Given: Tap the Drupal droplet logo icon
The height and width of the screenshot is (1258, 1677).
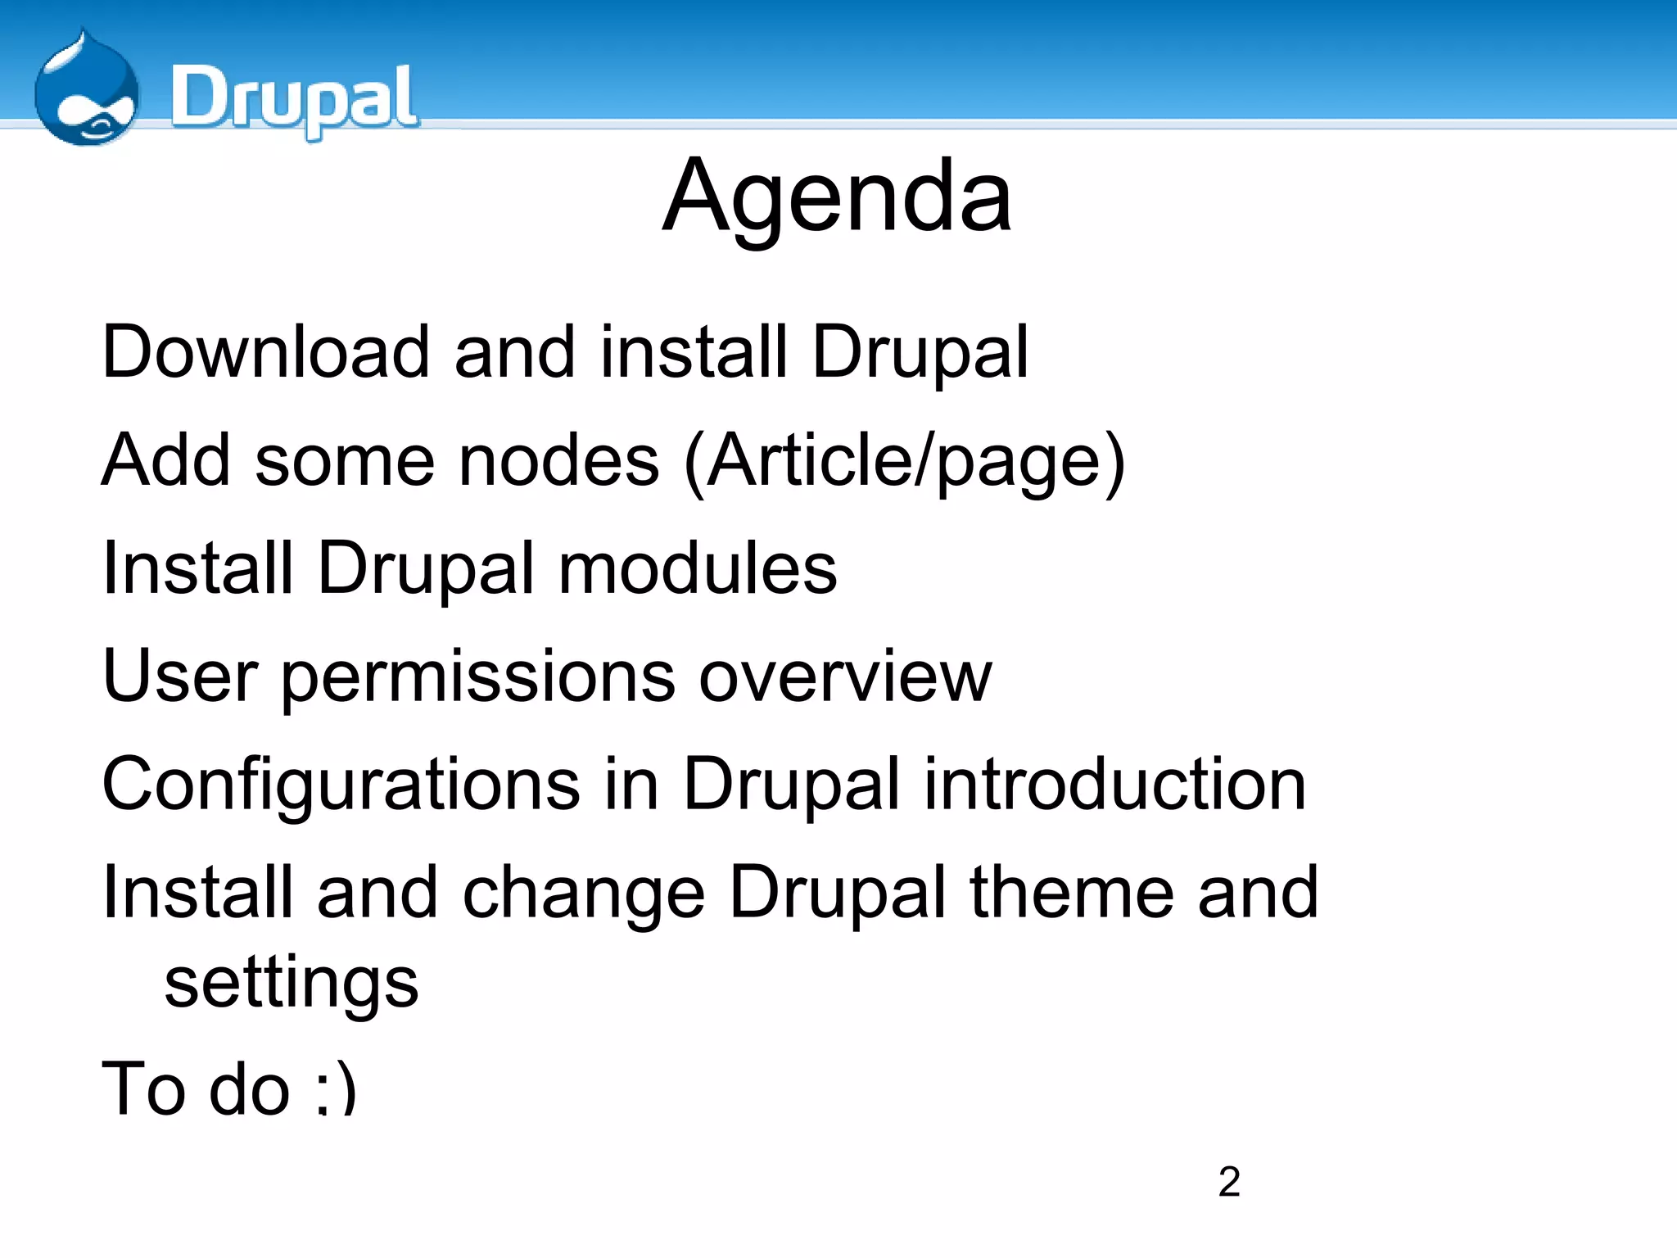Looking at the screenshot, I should click(86, 92).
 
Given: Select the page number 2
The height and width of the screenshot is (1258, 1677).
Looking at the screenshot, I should click(1228, 1182).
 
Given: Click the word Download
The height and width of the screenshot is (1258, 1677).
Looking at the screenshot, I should click(265, 352).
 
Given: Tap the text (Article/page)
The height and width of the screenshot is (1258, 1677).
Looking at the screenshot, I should click(904, 463).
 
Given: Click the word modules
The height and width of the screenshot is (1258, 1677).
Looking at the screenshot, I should click(698, 569).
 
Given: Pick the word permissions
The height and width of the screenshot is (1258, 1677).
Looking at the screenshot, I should click(478, 680).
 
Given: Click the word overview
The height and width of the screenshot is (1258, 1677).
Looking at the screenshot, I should click(845, 678).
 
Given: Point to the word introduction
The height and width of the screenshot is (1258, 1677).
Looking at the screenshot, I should click(1115, 785).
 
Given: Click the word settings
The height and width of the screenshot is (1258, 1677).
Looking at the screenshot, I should click(292, 984).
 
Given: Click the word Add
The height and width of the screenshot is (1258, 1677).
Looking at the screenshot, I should click(165, 461).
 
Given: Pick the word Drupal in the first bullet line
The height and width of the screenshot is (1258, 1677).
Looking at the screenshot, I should click(920, 354).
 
